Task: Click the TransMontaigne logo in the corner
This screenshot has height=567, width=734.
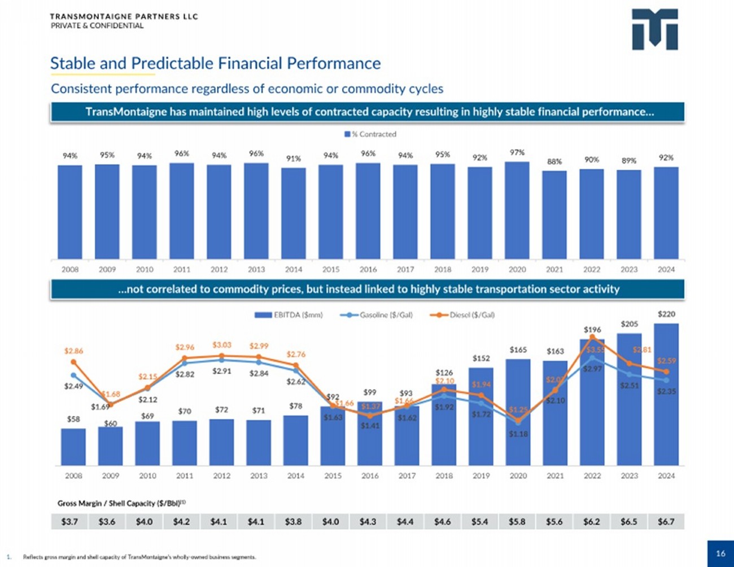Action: click(x=654, y=29)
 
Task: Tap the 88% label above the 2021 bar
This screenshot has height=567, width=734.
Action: click(x=554, y=161)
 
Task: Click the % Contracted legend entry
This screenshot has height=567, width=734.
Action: click(x=370, y=134)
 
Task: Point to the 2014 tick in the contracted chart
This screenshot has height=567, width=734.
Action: click(x=294, y=270)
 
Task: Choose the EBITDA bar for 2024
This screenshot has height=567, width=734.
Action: click(x=666, y=395)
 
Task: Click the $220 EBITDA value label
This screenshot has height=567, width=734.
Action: click(x=666, y=314)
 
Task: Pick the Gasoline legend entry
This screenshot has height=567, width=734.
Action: click(x=377, y=315)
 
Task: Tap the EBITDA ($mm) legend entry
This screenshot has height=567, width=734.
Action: click(x=289, y=315)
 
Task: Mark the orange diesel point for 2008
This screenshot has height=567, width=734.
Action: click(x=73, y=362)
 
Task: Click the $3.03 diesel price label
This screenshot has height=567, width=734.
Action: click(x=221, y=345)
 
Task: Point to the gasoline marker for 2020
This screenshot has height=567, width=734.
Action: click(x=518, y=421)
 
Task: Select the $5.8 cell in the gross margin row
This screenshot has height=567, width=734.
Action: click(x=517, y=522)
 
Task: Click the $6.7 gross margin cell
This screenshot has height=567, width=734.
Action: click(x=666, y=522)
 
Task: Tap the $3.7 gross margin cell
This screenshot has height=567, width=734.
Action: click(x=69, y=522)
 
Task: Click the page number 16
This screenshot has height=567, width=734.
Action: click(x=720, y=553)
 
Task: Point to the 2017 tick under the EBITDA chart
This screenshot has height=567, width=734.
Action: click(x=407, y=476)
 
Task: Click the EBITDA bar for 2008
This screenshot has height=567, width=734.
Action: click(x=73, y=447)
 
